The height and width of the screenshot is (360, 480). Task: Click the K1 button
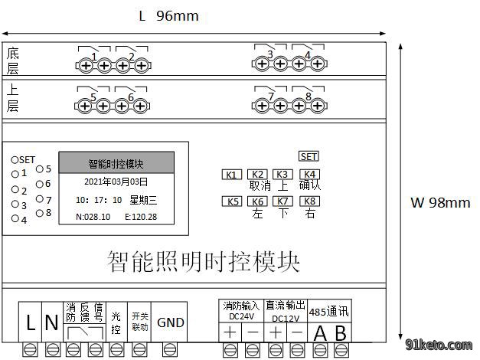pyautogui.click(x=232, y=175)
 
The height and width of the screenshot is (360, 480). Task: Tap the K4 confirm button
pyautogui.click(x=309, y=175)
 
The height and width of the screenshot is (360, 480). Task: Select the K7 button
pyautogui.click(x=282, y=201)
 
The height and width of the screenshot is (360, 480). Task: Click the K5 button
pyautogui.click(x=232, y=201)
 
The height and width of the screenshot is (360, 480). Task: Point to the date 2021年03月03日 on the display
pyautogui.click(x=116, y=182)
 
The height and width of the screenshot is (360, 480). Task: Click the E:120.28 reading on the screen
pyautogui.click(x=141, y=217)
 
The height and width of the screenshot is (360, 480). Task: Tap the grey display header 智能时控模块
pyautogui.click(x=116, y=162)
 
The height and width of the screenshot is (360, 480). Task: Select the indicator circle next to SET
pyautogui.click(x=15, y=159)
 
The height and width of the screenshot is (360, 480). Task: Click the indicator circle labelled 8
pyautogui.click(x=40, y=213)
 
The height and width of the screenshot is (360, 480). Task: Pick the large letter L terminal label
pyautogui.click(x=31, y=322)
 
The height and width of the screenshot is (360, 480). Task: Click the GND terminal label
pyautogui.click(x=171, y=322)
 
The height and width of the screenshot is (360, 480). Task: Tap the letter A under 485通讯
pyautogui.click(x=320, y=333)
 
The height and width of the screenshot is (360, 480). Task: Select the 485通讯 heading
pyautogui.click(x=328, y=312)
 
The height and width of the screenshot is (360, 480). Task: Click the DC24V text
pyautogui.click(x=241, y=316)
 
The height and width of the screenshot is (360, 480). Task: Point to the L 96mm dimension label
pyautogui.click(x=168, y=16)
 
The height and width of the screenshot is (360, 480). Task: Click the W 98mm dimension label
pyautogui.click(x=440, y=202)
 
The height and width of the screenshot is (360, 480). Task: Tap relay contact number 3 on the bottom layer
pyautogui.click(x=270, y=54)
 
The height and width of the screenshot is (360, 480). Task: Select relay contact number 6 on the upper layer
pyautogui.click(x=131, y=97)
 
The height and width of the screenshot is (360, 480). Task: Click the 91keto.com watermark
pyautogui.click(x=439, y=345)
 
